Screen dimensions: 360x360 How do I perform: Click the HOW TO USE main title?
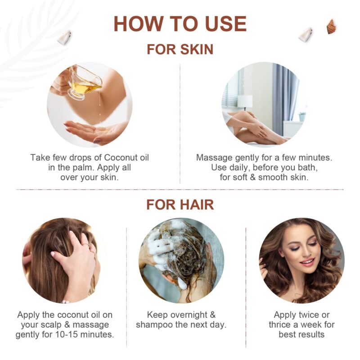(180, 23)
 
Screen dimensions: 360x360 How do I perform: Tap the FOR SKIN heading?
(180, 49)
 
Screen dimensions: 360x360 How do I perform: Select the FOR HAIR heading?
(180, 205)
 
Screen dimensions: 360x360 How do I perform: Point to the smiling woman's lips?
(307, 261)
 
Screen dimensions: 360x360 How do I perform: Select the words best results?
(301, 335)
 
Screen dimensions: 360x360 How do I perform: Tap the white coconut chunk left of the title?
(64, 37)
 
